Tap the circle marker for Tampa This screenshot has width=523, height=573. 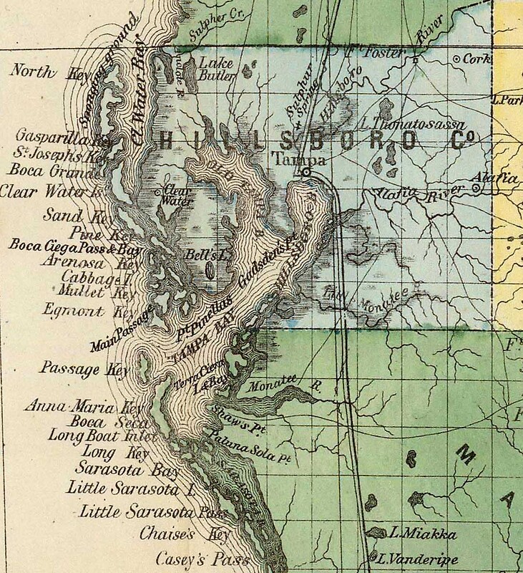pos(306,173)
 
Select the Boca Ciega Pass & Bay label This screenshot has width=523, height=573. pos(74,248)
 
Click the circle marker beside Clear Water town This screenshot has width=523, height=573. pos(158,193)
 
